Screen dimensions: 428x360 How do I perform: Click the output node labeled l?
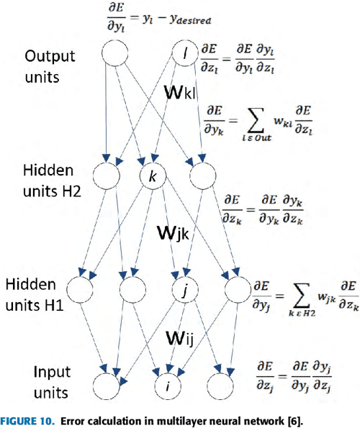click(186, 53)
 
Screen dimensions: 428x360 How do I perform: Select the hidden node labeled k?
click(152, 176)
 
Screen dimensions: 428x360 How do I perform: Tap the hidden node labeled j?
click(186, 291)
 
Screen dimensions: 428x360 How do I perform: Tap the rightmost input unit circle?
click(219, 383)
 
